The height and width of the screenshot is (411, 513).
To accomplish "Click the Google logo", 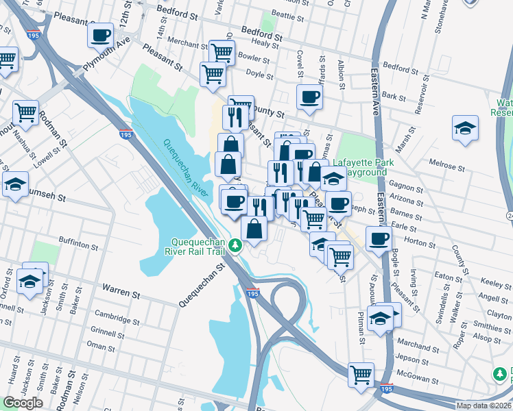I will [x=23, y=403].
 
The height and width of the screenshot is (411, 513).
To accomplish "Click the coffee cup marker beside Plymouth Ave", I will [x=100, y=35].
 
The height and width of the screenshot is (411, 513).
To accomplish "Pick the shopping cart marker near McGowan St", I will [x=361, y=375].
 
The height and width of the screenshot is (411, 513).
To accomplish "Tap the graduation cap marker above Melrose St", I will [x=465, y=128].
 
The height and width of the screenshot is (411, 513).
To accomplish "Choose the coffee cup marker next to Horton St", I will [x=379, y=239].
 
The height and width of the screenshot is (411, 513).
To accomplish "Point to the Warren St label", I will [x=121, y=293].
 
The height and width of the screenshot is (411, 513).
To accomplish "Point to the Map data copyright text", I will [x=484, y=406].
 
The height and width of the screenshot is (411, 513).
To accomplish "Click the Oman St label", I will [x=101, y=347].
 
